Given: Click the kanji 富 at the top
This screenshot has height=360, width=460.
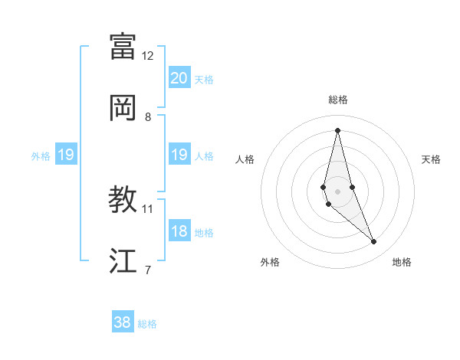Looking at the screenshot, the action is [123, 45].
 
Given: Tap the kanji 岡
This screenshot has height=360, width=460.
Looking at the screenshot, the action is [123, 107].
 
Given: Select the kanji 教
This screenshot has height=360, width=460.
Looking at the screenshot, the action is [123, 199].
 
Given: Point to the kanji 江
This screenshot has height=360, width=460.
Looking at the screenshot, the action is [123, 261].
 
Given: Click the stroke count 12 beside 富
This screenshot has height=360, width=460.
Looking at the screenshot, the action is [148, 56].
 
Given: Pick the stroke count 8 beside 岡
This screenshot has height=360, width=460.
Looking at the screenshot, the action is [148, 117].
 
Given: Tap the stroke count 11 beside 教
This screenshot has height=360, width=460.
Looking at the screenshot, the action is [148, 208].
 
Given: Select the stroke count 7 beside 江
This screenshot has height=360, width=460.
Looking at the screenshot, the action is [148, 270].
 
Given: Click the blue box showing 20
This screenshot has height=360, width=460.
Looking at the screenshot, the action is [179, 78].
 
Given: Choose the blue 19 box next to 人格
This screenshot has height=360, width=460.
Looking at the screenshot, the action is [179, 155].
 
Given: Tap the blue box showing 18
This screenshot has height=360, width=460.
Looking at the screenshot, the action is [179, 231].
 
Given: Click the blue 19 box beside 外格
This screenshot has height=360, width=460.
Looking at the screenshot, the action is [66, 155].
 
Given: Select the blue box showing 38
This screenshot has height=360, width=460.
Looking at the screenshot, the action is [123, 322].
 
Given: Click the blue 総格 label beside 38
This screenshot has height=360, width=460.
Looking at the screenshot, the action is [148, 324].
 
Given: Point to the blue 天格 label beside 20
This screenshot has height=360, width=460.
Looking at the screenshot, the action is [204, 80].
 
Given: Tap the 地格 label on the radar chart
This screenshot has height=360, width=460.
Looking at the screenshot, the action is [402, 262].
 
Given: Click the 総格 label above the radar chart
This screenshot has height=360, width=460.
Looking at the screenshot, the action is [337, 100].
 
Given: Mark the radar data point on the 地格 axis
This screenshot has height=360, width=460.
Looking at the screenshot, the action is [374, 242].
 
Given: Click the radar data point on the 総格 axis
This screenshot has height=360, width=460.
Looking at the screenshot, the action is [337, 129].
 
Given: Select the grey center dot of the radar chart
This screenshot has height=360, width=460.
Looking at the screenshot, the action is [337, 191].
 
